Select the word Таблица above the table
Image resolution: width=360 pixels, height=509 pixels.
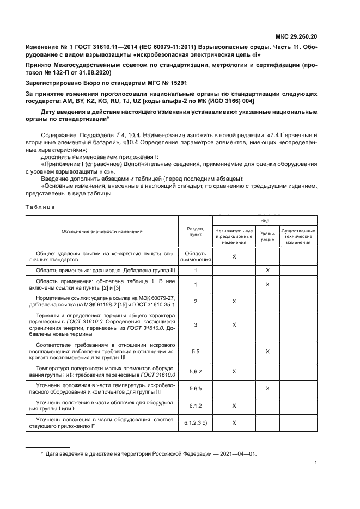pos(40,206)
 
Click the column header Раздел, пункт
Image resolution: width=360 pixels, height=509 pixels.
pos(195,231)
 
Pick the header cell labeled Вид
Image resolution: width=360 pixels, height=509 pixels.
pos(265,220)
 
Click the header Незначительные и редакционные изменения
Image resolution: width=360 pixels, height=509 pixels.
pos(234,236)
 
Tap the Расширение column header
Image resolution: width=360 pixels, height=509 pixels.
pos(267,236)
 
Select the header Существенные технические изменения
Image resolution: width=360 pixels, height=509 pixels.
pos(298,236)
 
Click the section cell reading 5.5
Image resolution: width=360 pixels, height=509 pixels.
pos(195,352)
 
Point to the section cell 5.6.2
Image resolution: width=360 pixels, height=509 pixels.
pos(195,371)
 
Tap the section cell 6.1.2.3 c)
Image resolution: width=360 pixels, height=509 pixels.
pos(195,422)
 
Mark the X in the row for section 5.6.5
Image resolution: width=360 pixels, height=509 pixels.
pos(267,388)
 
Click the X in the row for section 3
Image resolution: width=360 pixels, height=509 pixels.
pos(234,324)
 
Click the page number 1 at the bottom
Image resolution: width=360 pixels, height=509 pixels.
pos(316,463)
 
